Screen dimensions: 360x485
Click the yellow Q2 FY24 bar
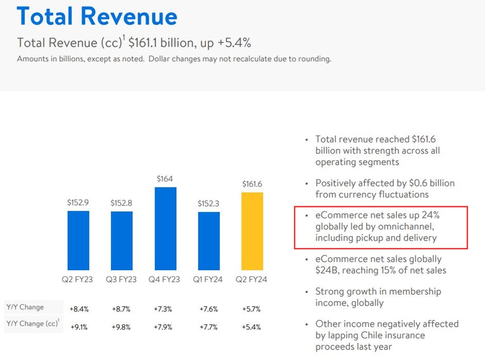tap(252, 231)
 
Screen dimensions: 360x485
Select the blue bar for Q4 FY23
tap(165, 228)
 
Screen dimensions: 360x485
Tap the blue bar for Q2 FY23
tap(78, 240)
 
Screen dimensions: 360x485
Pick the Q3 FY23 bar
tap(122, 240)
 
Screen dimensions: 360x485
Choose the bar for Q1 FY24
tap(209, 241)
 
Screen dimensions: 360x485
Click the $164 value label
tap(165, 179)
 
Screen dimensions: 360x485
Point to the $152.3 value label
tap(209, 203)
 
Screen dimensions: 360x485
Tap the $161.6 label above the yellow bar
tap(252, 184)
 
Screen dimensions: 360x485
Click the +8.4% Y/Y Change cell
tap(78, 309)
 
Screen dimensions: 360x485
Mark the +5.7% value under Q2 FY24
tap(252, 309)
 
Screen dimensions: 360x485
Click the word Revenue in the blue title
tap(137, 16)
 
